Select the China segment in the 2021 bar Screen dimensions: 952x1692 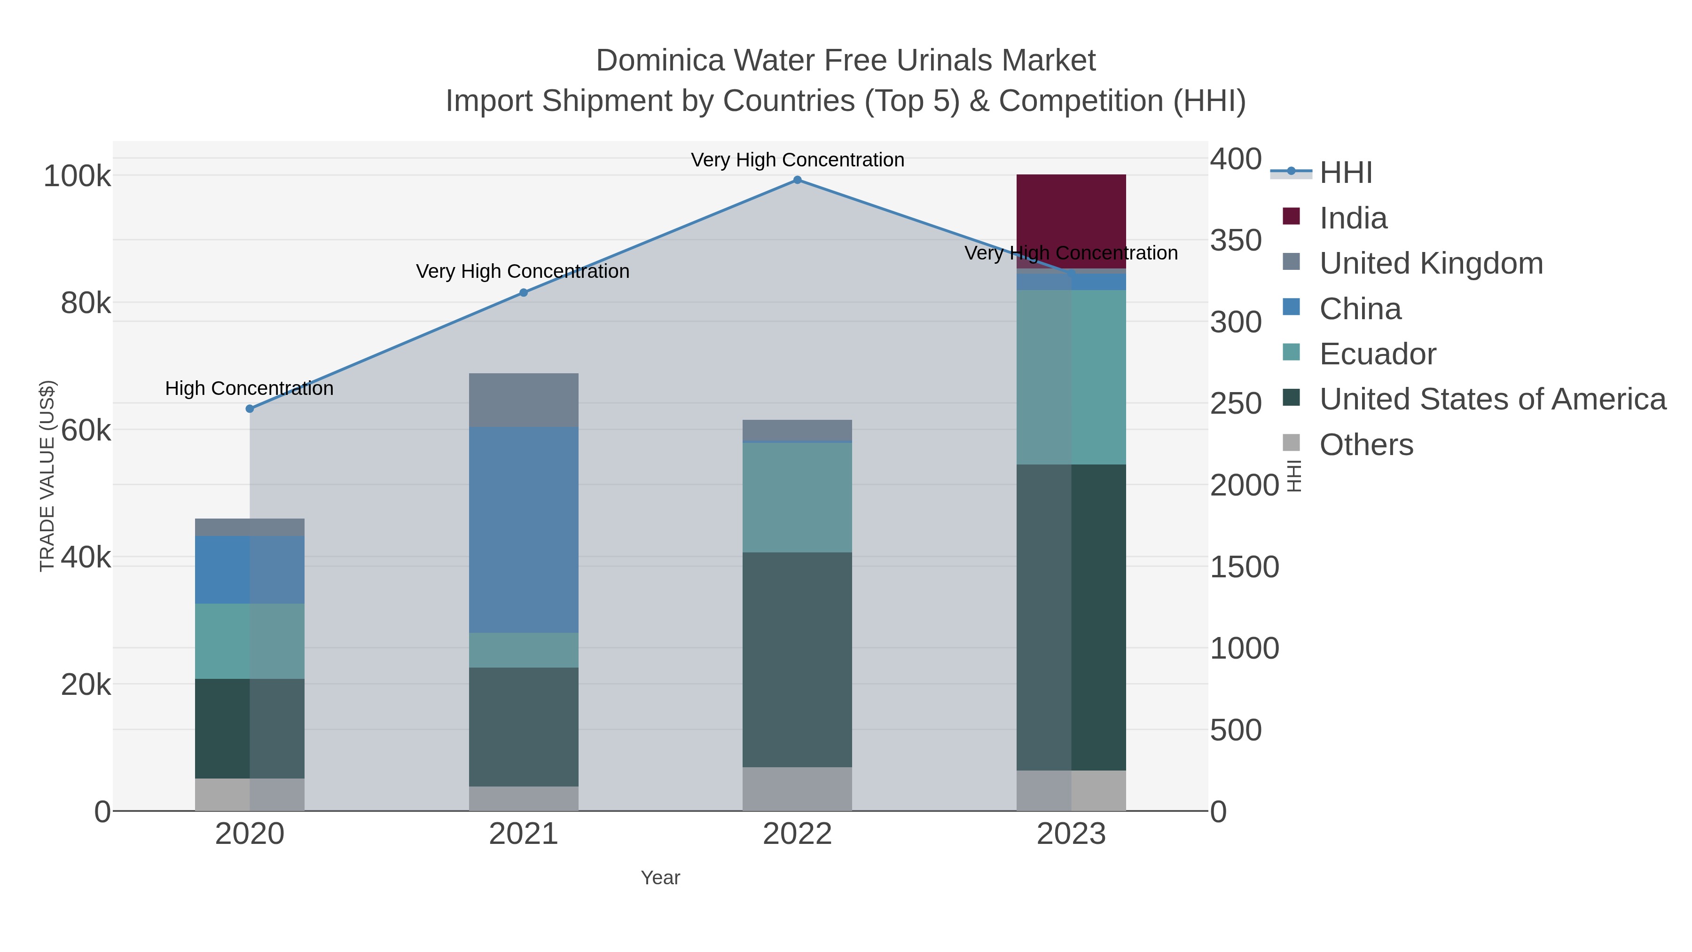(524, 529)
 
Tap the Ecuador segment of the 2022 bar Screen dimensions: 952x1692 (797, 497)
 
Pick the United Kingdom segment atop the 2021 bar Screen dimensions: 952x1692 (524, 400)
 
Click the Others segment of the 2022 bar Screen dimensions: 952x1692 (797, 788)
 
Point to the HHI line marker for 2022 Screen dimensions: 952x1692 (797, 180)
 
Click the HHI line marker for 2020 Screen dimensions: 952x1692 (250, 409)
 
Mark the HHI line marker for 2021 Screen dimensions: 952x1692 (524, 292)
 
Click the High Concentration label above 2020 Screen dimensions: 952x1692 (249, 388)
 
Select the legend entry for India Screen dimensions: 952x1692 (1353, 218)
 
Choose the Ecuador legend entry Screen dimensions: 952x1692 (1378, 354)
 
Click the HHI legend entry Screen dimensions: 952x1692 (1345, 173)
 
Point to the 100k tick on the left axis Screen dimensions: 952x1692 (77, 176)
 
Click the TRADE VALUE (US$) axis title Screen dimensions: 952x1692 (47, 476)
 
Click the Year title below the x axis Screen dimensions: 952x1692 (660, 878)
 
